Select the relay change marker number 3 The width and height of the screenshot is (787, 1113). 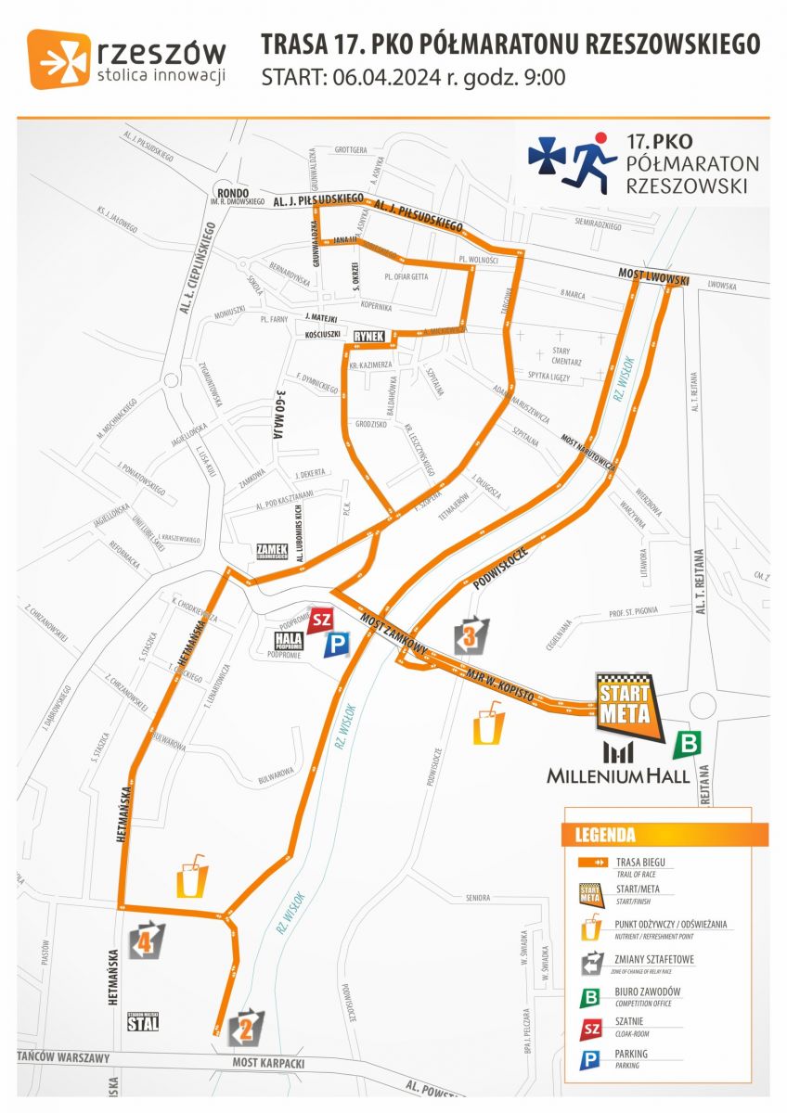471,635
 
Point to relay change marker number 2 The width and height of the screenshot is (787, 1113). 246,1025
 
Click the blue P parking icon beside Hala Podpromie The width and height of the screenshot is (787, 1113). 335,645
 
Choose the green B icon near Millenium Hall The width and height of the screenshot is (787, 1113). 689,743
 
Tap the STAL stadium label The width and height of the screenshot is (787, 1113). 143,1024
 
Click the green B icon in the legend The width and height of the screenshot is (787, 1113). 589,997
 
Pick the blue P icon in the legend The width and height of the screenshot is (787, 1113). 589,1058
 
